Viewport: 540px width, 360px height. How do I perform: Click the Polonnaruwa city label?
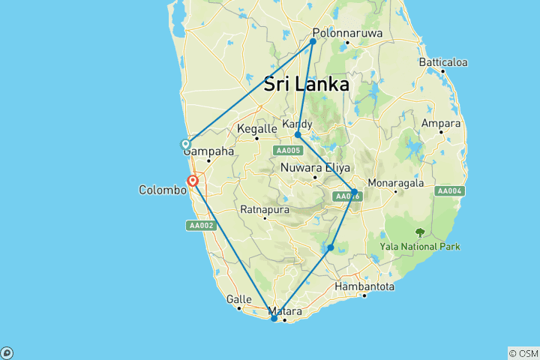point(347,33)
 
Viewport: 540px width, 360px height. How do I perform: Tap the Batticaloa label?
point(443,61)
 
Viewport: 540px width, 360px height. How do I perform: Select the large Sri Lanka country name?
point(306,84)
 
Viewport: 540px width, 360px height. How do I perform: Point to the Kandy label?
point(297,123)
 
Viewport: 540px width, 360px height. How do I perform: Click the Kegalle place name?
point(256,128)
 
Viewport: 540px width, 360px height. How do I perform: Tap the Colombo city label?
point(162,190)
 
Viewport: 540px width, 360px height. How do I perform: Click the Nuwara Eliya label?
point(311,168)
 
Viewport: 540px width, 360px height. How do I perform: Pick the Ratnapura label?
point(264,209)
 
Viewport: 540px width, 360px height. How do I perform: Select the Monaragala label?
point(397,182)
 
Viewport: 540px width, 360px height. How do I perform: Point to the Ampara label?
point(441,123)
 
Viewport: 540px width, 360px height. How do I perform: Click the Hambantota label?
point(364,286)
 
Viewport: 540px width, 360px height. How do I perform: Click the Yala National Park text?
point(419,246)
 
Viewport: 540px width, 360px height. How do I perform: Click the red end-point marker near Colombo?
point(193,180)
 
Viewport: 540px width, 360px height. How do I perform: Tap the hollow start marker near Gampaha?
point(185,144)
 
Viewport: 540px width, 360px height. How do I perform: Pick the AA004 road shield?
point(449,190)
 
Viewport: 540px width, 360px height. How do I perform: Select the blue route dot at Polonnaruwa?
point(313,41)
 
